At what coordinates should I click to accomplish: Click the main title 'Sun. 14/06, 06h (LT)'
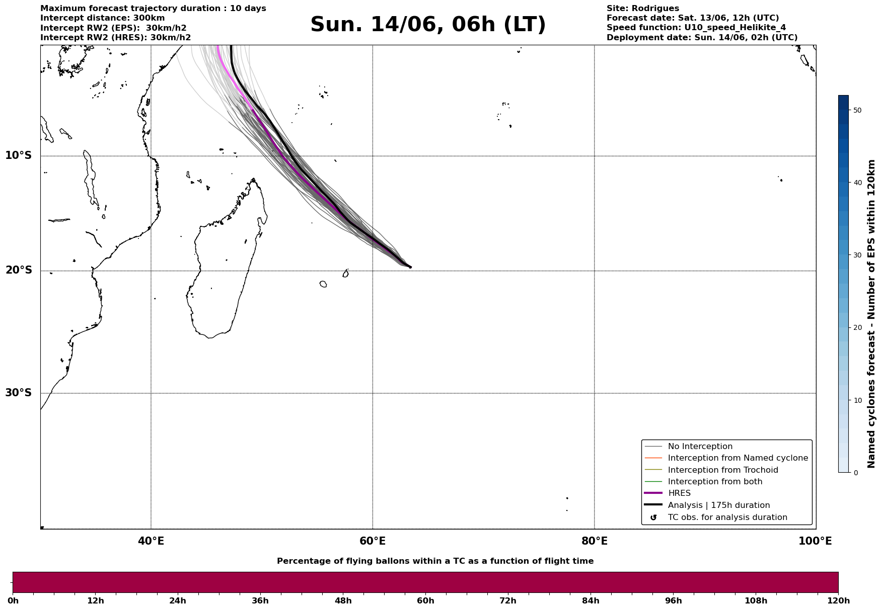click(x=428, y=25)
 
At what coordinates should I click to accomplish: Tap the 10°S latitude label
click(x=19, y=155)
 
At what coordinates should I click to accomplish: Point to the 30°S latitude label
click(x=19, y=393)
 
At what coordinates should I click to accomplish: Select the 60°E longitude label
click(x=373, y=541)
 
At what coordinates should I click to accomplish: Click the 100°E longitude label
click(x=815, y=541)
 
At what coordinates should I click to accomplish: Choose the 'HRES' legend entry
click(x=679, y=493)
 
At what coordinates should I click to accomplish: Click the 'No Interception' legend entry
click(x=700, y=447)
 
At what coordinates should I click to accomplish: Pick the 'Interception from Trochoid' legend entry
click(x=723, y=470)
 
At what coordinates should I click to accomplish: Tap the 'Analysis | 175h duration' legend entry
click(x=719, y=505)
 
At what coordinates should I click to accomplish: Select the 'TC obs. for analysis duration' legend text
click(x=727, y=517)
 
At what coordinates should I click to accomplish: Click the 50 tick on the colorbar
click(x=857, y=110)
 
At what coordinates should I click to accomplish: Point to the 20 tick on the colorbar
click(x=857, y=328)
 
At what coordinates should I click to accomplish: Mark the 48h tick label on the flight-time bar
click(x=343, y=601)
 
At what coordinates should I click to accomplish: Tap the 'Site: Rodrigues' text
click(x=643, y=9)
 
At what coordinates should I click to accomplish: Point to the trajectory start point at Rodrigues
click(x=410, y=267)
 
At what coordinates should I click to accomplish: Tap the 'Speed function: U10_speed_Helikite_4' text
click(x=696, y=28)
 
